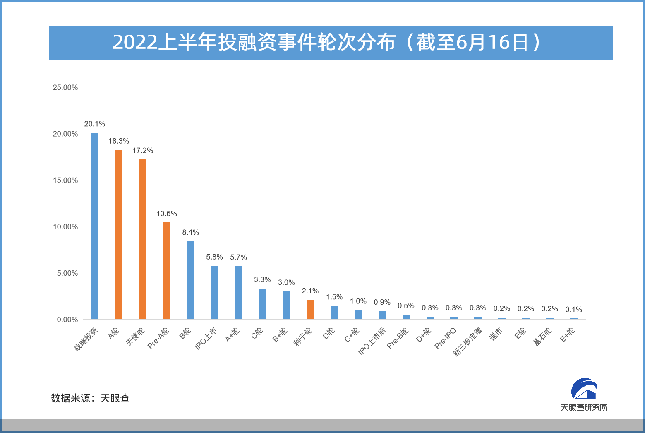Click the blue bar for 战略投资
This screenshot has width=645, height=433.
pyautogui.click(x=95, y=226)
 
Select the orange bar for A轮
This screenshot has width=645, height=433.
pyautogui.click(x=119, y=234)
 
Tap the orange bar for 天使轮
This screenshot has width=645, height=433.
pyautogui.click(x=143, y=239)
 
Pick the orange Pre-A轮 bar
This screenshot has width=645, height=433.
pyautogui.click(x=167, y=271)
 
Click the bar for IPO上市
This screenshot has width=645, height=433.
pyautogui.click(x=215, y=292)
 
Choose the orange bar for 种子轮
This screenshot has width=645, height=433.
pyautogui.click(x=310, y=309)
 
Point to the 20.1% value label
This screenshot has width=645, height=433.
pyautogui.click(x=95, y=124)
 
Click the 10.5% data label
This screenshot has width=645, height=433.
pyautogui.click(x=167, y=214)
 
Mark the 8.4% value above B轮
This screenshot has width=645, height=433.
pyautogui.click(x=191, y=232)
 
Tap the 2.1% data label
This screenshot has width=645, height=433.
pyautogui.click(x=310, y=291)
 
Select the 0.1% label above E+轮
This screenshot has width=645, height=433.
pyautogui.click(x=574, y=309)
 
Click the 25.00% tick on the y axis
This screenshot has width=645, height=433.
pyautogui.click(x=65, y=87)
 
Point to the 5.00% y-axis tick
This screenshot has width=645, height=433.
pyautogui.click(x=67, y=273)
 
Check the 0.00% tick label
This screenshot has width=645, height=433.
pyautogui.click(x=67, y=320)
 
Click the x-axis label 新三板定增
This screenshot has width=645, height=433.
pyautogui.click(x=468, y=342)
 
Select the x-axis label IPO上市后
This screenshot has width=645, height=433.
pyautogui.click(x=372, y=341)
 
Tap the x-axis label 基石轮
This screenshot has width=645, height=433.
pyautogui.click(x=543, y=337)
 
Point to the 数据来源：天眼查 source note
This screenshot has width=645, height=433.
pyautogui.click(x=90, y=398)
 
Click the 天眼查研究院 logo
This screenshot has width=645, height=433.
pyautogui.click(x=584, y=395)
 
